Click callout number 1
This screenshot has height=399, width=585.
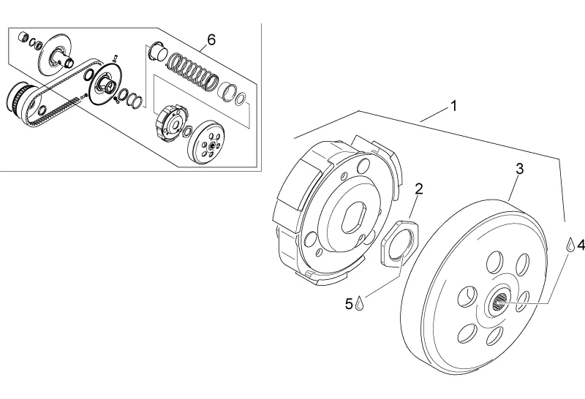pyautogui.click(x=453, y=106)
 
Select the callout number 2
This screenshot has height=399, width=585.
pyautogui.click(x=419, y=189)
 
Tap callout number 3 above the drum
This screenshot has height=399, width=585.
pyautogui.click(x=520, y=169)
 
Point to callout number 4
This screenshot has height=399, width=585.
pyautogui.click(x=581, y=245)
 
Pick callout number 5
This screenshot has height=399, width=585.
pyautogui.click(x=349, y=304)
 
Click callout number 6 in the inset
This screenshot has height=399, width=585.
pyautogui.click(x=211, y=39)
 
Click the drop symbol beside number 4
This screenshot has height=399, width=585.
pyautogui.click(x=570, y=244)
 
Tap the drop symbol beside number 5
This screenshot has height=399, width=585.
pyautogui.click(x=359, y=303)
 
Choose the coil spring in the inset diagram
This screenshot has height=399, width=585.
pyautogui.click(x=192, y=72)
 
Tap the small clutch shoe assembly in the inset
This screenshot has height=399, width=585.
pyautogui.click(x=170, y=123)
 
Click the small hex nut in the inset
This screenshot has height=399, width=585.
pyautogui.click(x=188, y=132)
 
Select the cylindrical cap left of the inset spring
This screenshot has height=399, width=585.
pyautogui.click(x=157, y=51)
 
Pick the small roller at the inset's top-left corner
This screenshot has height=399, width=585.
pyautogui.click(x=23, y=37)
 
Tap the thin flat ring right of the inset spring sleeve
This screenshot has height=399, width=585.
pyautogui.click(x=241, y=99)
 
